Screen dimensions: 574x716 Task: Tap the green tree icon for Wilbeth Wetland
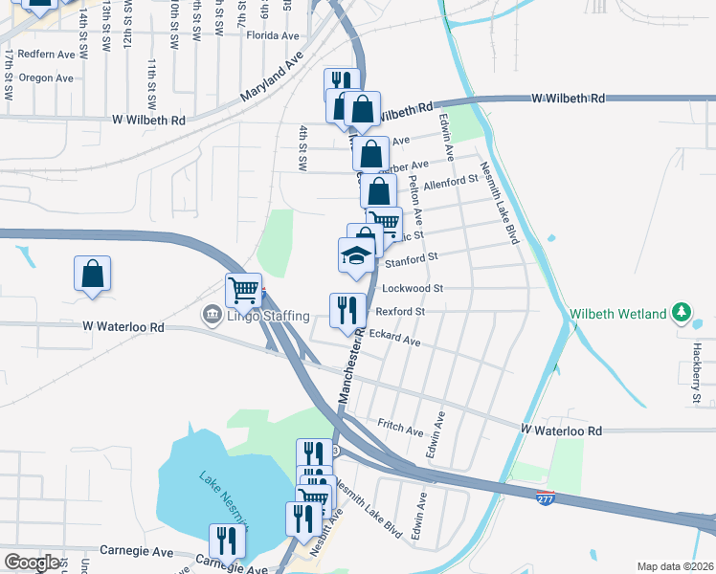click(x=682, y=312)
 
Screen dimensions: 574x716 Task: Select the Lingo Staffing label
click(x=267, y=316)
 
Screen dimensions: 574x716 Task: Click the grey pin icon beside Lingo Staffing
click(x=211, y=315)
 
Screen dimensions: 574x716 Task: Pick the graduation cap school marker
click(x=355, y=255)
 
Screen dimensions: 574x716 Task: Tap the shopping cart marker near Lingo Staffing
click(x=244, y=290)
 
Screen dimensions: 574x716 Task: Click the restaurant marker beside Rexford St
click(x=347, y=310)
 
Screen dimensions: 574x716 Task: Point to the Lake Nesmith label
click(x=223, y=497)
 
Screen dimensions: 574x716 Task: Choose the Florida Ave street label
click(x=273, y=35)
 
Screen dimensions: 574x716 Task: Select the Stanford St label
click(x=411, y=257)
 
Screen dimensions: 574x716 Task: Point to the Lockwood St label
click(x=413, y=287)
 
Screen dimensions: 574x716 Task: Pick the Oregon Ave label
click(x=46, y=78)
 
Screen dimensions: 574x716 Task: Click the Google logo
click(x=32, y=563)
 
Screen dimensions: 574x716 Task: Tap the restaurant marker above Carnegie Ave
click(x=227, y=541)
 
